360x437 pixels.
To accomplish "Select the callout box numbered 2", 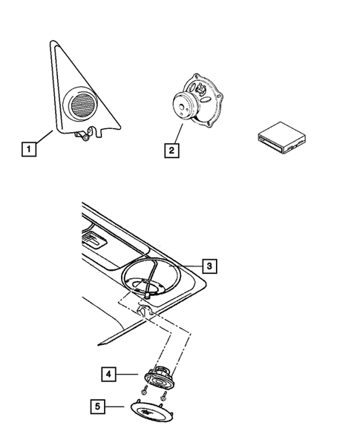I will (x=171, y=151).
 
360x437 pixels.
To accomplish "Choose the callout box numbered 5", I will (x=98, y=406).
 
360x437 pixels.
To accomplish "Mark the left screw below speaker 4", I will (x=141, y=394).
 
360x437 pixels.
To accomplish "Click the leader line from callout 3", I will (x=186, y=266).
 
